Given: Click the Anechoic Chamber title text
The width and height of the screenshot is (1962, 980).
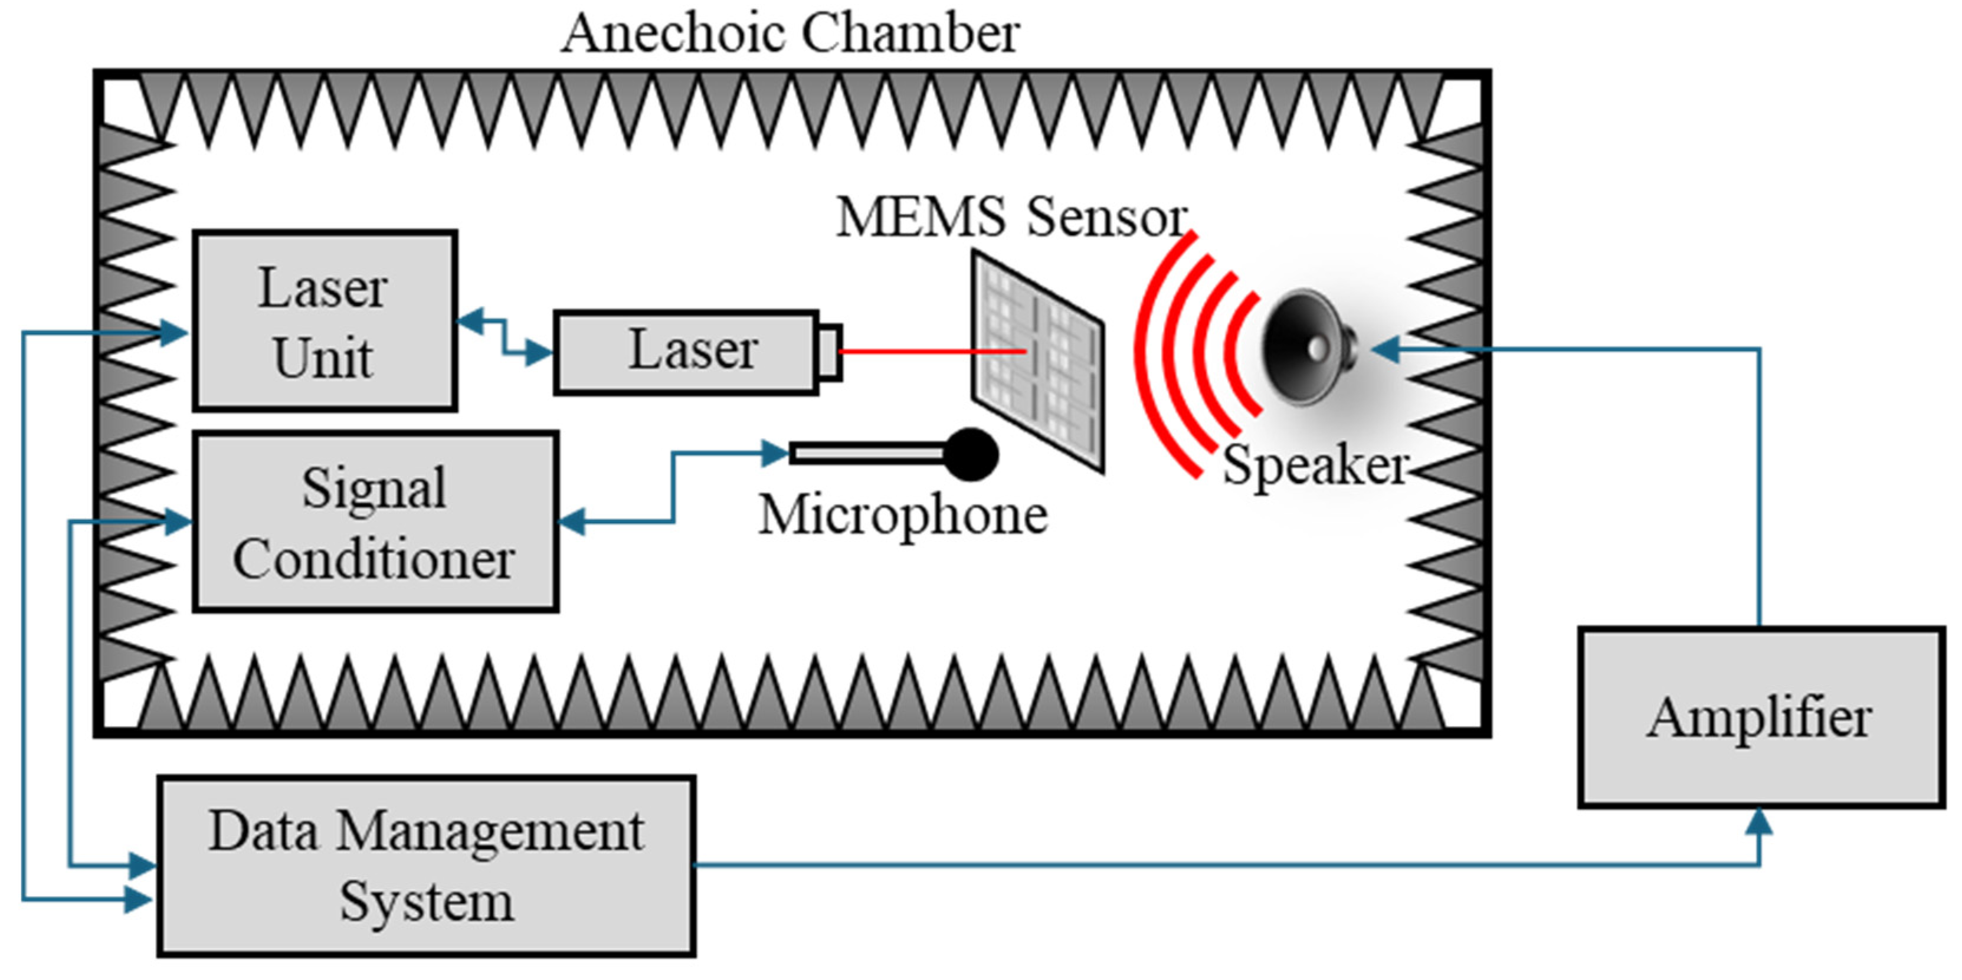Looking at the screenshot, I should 790,34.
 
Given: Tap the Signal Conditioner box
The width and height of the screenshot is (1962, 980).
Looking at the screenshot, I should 375,522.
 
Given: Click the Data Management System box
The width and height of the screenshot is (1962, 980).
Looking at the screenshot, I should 427,866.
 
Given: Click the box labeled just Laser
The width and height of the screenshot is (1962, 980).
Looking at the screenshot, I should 686,352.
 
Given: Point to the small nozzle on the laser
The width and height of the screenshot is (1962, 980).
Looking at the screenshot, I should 830,352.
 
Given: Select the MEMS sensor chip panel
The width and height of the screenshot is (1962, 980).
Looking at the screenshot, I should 1037,362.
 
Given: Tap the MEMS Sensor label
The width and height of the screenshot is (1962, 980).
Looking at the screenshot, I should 1011,217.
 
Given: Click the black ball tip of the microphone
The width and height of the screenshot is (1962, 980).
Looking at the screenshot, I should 971,454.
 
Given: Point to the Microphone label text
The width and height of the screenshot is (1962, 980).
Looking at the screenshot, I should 903,516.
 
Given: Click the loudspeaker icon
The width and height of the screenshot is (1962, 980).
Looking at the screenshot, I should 1309,349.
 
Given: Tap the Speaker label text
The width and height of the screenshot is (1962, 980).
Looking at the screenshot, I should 1315,464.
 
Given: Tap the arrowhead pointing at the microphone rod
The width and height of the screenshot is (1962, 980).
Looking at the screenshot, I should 775,454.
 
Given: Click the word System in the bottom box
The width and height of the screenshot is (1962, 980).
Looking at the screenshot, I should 427,902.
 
